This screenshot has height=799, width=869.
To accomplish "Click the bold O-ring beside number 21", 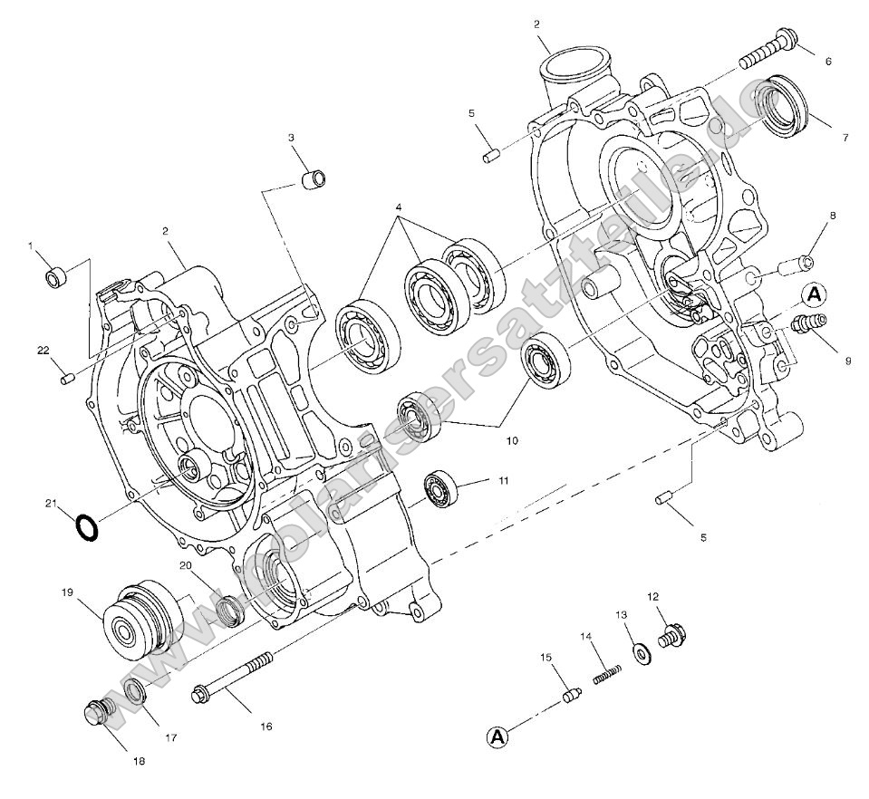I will [86, 526].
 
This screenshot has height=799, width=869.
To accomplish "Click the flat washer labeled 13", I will [642, 652].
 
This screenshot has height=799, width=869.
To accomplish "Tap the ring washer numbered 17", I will [134, 692].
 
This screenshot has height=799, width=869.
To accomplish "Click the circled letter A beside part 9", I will [814, 293].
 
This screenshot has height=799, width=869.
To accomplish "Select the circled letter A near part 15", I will [496, 737].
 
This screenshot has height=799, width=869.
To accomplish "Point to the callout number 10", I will [512, 441].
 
